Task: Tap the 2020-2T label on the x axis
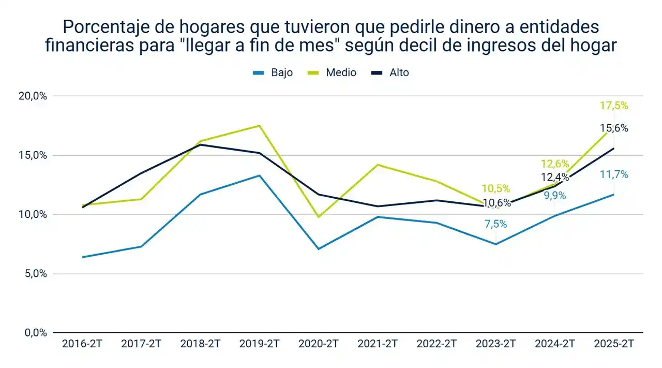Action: pos(319,344)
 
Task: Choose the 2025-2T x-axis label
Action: pos(614,344)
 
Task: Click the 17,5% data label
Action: pos(614,106)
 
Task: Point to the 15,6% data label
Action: pos(614,128)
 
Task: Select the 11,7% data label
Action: pos(614,174)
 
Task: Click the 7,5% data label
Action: pos(495,224)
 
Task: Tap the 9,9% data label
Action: pos(554,196)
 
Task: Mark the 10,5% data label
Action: pos(495,188)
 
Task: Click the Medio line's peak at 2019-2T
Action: pos(260,126)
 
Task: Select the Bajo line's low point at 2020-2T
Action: pos(319,249)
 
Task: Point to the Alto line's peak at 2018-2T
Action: pos(201,144)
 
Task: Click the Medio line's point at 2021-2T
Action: pos(378,165)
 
